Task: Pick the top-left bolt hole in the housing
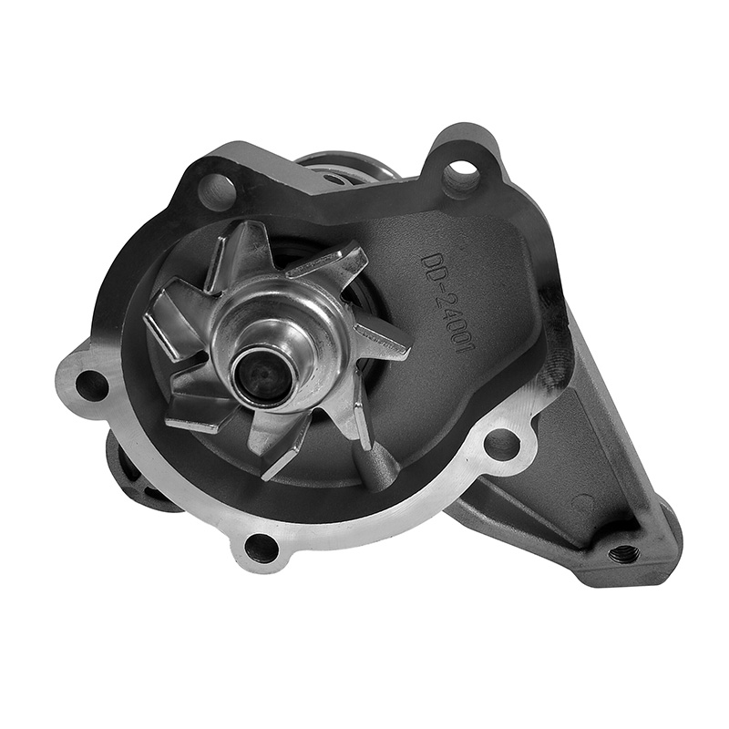(214, 190)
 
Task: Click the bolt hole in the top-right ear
(459, 175)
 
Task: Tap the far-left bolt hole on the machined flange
(92, 385)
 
